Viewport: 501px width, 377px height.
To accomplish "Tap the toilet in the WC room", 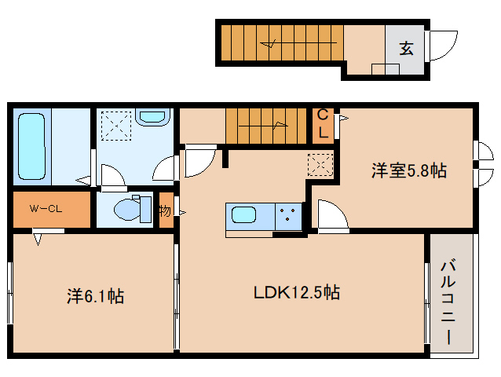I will pos(130,210).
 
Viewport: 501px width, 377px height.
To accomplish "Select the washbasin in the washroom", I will pos(152,117).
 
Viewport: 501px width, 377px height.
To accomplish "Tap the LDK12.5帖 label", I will pos(296,293).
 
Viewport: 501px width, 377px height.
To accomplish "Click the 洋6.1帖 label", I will pos(94,296).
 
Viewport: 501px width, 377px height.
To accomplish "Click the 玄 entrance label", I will pos(406,48).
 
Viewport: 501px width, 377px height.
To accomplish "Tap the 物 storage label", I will pos(165,210).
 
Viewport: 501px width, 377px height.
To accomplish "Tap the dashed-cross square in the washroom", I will pos(116,124).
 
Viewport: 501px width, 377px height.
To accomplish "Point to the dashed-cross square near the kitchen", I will pos(320,164).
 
